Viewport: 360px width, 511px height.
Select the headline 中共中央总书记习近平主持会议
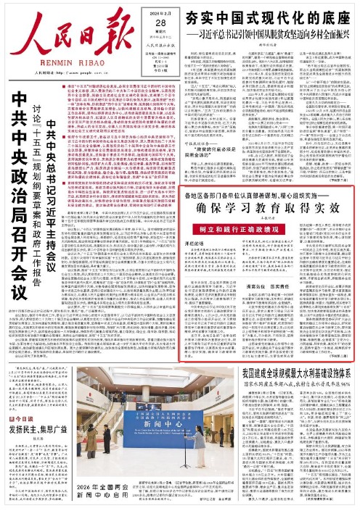(x=51, y=170)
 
